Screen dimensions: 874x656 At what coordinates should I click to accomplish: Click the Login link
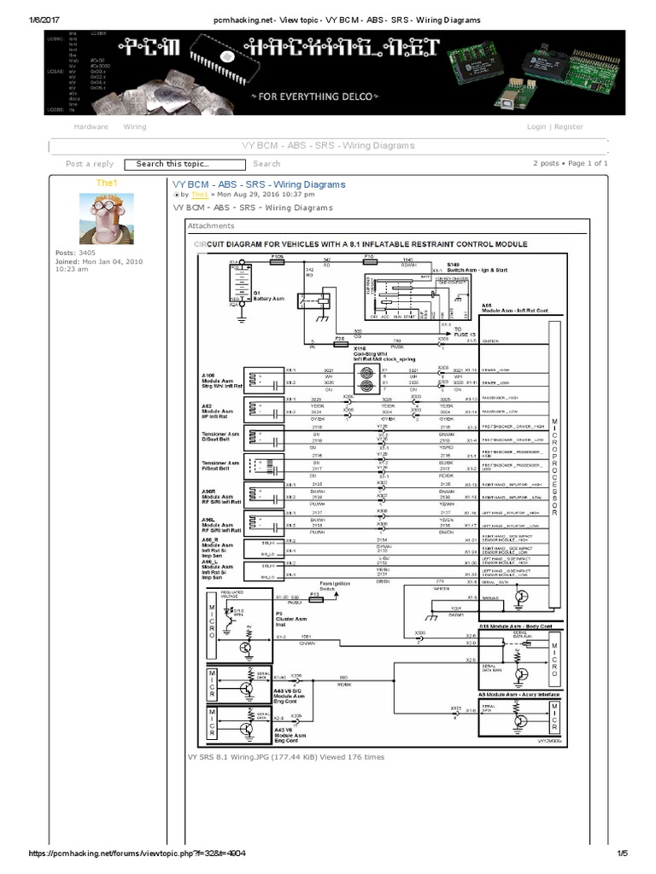click(536, 126)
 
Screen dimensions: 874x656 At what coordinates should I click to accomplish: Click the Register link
click(569, 126)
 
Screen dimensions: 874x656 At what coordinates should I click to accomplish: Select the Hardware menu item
click(91, 126)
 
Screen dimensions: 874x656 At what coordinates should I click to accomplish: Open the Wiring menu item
click(135, 126)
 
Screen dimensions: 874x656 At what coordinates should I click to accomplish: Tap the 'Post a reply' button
click(90, 164)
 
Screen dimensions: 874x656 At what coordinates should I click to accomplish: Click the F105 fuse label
click(278, 255)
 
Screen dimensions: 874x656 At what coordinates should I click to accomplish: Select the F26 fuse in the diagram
click(339, 339)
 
